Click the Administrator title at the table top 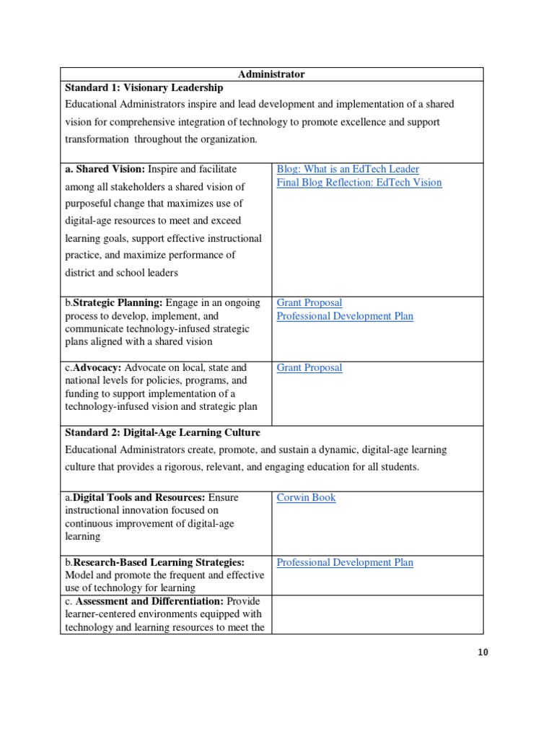(x=271, y=74)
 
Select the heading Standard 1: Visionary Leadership (x=141, y=87)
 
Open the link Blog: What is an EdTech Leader (x=348, y=169)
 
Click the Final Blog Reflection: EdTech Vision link (x=359, y=183)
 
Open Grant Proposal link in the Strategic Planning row (x=309, y=303)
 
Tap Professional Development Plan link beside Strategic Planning (x=345, y=316)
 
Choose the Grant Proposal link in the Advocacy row (x=309, y=368)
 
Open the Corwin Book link (x=306, y=498)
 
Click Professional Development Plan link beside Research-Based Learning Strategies (x=345, y=563)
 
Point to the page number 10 (x=483, y=653)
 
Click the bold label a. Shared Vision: (x=105, y=169)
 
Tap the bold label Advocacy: (x=97, y=368)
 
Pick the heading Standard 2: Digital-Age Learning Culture (x=162, y=433)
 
